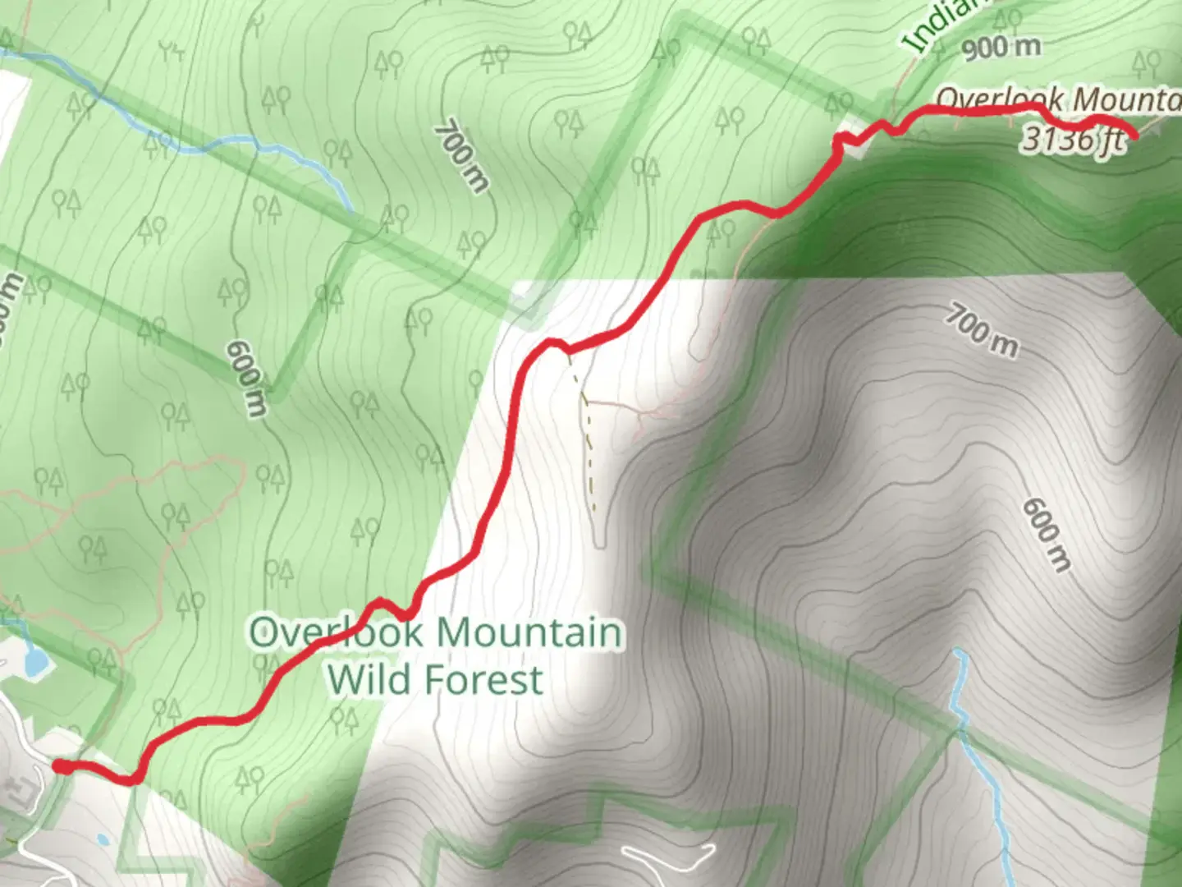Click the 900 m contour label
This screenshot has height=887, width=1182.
point(1001,48)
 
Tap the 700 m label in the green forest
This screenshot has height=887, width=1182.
point(461,156)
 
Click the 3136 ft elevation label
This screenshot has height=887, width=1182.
point(1072,139)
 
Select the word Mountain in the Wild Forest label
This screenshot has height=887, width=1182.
point(529,633)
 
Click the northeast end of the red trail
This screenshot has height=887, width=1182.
point(1134,136)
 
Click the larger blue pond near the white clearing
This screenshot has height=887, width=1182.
point(34,662)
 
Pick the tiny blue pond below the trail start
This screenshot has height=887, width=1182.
point(102,839)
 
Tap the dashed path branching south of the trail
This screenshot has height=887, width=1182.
point(588,443)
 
